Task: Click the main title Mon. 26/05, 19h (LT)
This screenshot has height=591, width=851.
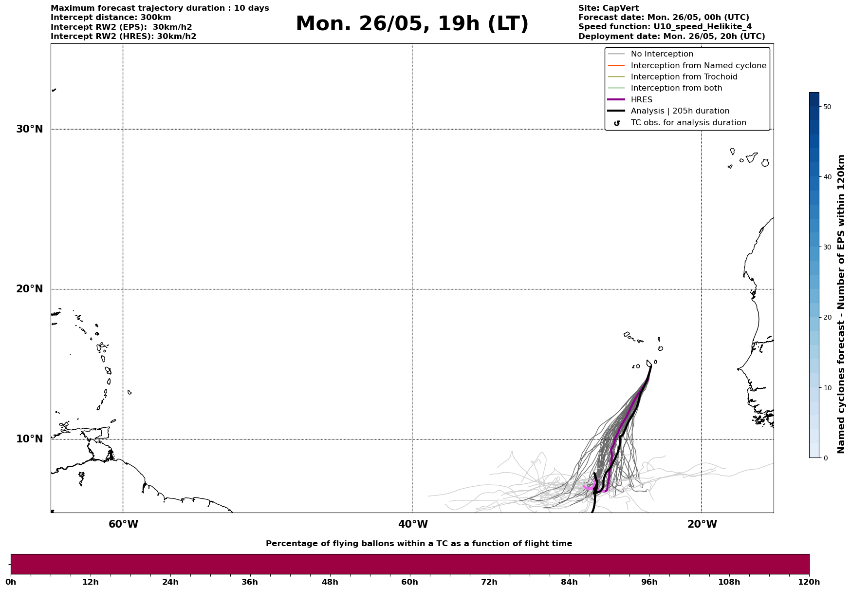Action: point(412,24)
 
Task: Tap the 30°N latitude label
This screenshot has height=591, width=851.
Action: point(30,129)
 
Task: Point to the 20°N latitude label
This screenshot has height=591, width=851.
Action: point(30,289)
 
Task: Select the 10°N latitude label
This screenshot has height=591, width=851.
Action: point(30,439)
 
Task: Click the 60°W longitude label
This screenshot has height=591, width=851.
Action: point(123,524)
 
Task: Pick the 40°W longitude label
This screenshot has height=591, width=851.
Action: point(413,524)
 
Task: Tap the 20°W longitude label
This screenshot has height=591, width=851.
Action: point(702,524)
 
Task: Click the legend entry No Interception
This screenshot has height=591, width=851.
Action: point(662,54)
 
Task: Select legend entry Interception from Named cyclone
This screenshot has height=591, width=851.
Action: point(698,66)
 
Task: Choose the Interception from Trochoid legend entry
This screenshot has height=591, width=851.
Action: point(684,77)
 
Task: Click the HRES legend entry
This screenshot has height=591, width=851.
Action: point(641,100)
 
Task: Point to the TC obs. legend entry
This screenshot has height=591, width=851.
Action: point(688,123)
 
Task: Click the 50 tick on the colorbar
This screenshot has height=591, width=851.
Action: point(827,107)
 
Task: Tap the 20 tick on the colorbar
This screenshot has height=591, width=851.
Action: point(827,318)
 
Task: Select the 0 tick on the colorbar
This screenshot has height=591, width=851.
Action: point(825,458)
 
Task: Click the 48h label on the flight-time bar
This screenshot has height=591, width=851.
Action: point(330,582)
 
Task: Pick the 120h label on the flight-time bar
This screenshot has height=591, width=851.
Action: point(809,582)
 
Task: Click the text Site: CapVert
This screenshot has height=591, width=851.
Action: point(608,8)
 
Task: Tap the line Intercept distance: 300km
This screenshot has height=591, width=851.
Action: point(111,18)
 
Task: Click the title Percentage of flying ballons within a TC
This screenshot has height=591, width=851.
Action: point(419,544)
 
